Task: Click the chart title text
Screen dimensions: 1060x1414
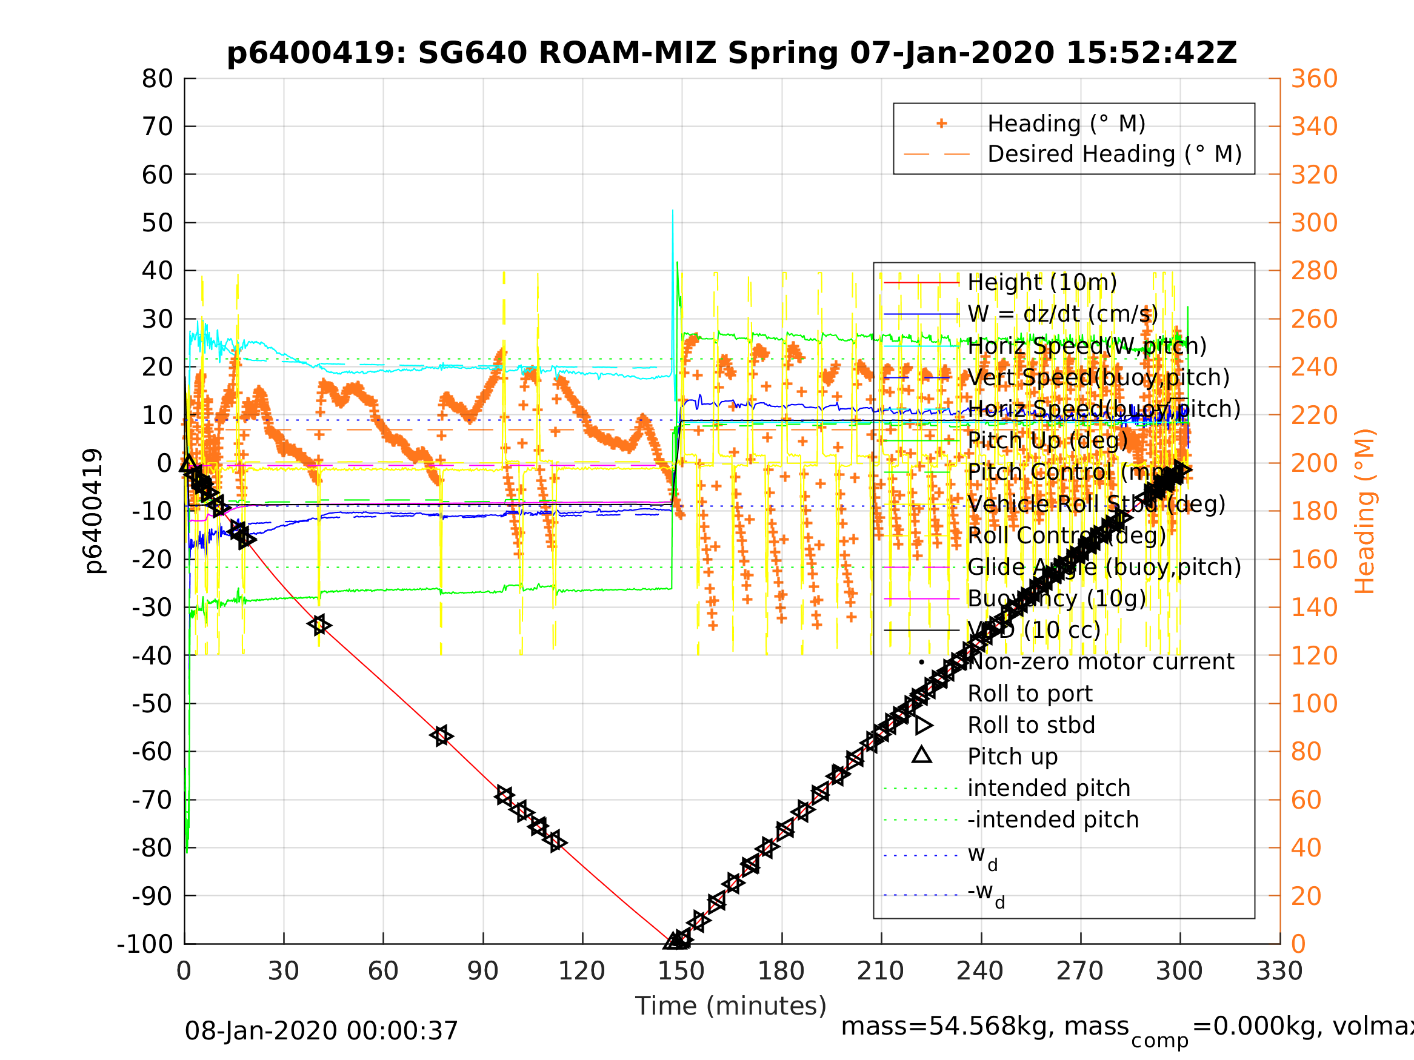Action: pos(732,53)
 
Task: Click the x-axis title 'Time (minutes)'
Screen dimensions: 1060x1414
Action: pos(731,1006)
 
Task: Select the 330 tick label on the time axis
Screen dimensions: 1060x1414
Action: pos(1279,971)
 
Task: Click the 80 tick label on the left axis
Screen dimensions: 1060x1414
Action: pos(157,79)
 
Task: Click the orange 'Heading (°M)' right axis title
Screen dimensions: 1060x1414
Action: pos(1364,511)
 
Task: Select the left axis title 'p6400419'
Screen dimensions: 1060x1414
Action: pos(94,511)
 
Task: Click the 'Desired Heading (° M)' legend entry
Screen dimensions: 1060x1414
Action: pos(1114,154)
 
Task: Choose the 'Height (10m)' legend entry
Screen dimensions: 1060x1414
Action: pos(1042,282)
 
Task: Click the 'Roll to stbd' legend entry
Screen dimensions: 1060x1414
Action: pos(1031,725)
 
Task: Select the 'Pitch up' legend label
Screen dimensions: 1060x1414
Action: pos(1013,757)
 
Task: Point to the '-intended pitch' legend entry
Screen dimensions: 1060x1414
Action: pos(1053,820)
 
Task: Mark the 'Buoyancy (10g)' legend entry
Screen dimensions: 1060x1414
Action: pos(1056,598)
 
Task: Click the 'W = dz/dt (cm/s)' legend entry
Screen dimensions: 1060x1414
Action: pos(1062,314)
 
